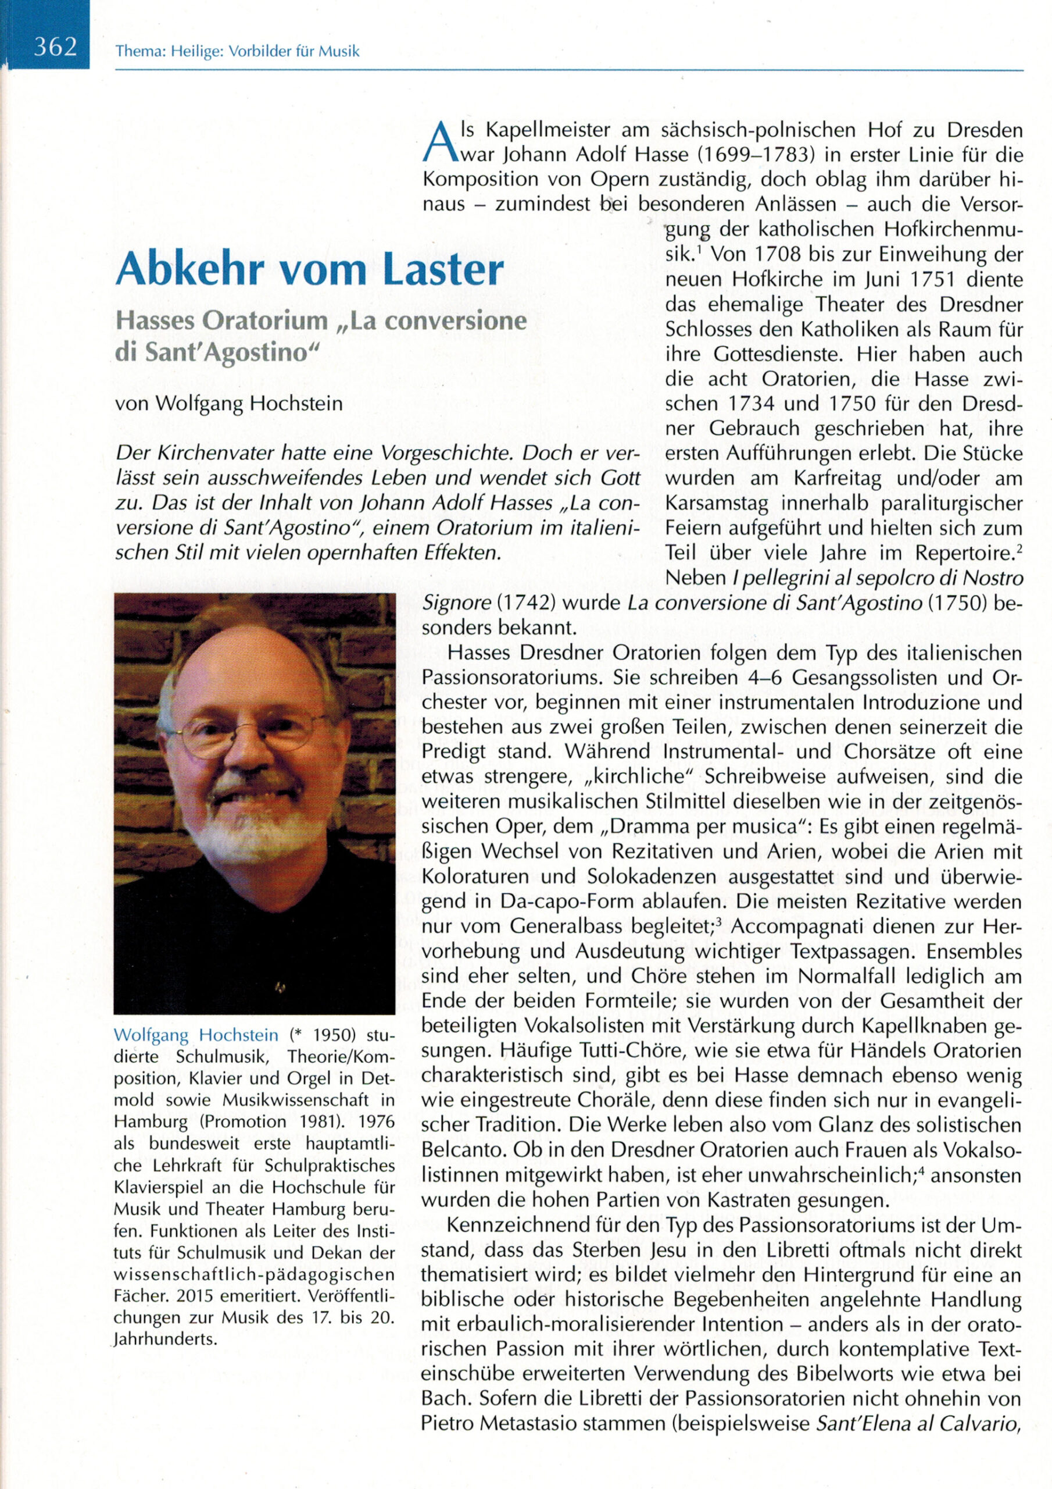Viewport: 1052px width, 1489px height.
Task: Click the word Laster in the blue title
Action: [443, 269]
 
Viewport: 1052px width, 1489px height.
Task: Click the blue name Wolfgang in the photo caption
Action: [152, 1035]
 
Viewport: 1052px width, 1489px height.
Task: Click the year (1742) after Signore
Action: [527, 603]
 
